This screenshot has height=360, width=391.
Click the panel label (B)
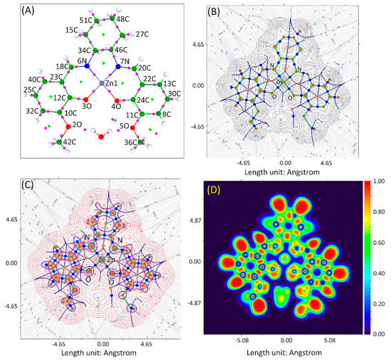216,12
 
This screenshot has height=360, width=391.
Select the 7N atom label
126,62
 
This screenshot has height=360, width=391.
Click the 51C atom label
86,19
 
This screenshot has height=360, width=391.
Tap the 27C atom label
141,34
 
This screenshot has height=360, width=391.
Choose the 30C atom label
174,93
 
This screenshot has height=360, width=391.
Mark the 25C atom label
29,90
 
